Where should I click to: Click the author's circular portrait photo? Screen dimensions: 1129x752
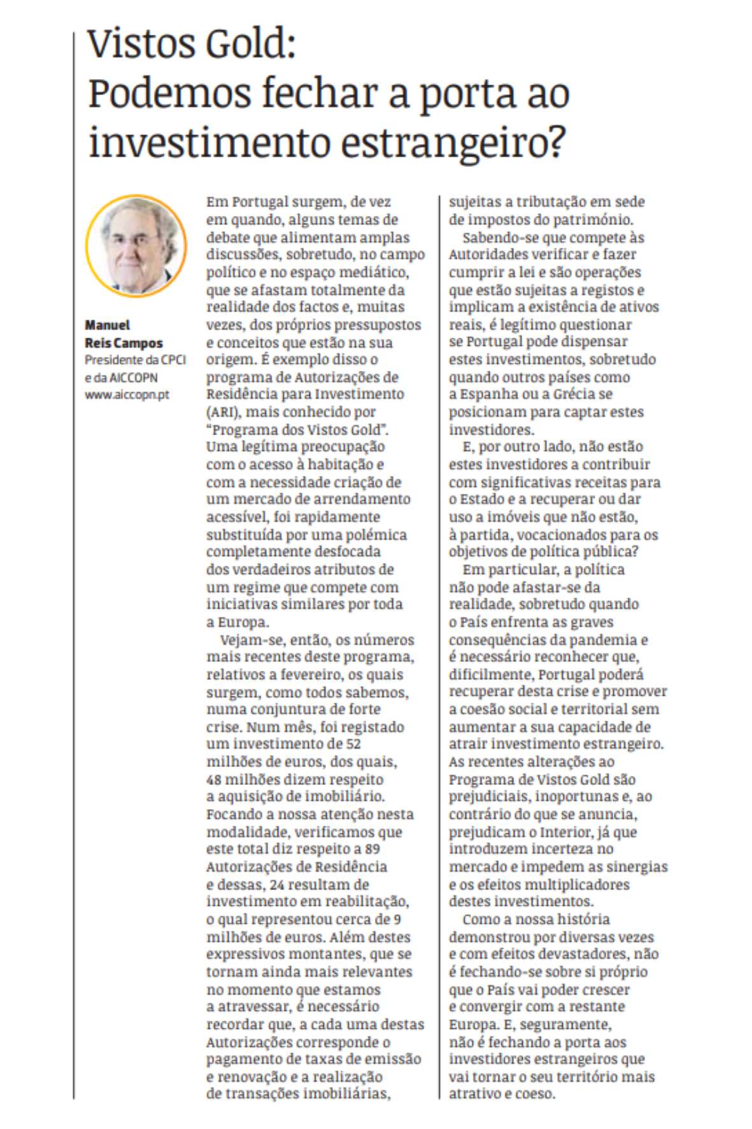(136, 247)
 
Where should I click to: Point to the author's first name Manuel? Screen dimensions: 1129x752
(108, 325)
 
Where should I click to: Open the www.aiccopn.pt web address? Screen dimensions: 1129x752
(127, 394)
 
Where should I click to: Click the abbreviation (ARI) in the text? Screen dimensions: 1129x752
(222, 412)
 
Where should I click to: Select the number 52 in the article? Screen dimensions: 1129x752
(353, 744)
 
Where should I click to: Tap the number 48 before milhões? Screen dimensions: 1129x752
(213, 779)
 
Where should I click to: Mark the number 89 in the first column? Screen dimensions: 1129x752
(372, 849)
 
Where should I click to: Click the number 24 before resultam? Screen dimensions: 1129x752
(276, 884)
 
